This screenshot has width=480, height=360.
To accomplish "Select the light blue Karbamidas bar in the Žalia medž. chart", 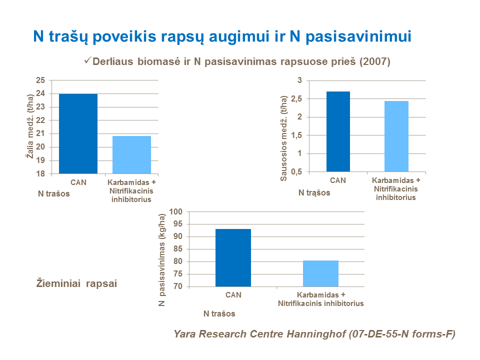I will pyautogui.click(x=131, y=154).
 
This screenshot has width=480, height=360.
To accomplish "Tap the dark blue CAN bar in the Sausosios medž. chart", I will pyautogui.click(x=338, y=131).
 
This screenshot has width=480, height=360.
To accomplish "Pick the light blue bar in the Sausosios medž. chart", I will pyautogui.click(x=396, y=136).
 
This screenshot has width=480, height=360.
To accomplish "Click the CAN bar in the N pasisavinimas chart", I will pyautogui.click(x=233, y=257).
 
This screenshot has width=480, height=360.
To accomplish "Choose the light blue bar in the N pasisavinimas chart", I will pyautogui.click(x=320, y=273).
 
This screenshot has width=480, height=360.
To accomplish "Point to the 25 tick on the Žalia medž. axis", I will pyautogui.click(x=40, y=80).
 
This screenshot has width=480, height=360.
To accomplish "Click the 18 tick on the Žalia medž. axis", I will pyautogui.click(x=40, y=173).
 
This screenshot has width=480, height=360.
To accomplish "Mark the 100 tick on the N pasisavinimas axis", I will pyautogui.click(x=177, y=212).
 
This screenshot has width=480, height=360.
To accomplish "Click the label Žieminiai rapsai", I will pyautogui.click(x=77, y=283).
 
